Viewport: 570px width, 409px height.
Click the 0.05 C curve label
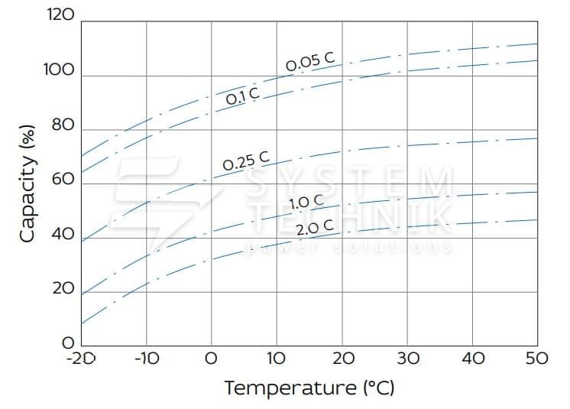tap(311, 64)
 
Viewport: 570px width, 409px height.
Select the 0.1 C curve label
tap(242, 97)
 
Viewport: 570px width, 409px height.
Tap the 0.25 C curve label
tap(246, 161)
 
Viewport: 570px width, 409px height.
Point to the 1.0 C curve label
tap(306, 203)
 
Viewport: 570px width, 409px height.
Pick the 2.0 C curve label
tap(315, 227)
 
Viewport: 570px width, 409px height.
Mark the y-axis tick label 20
tap(63, 289)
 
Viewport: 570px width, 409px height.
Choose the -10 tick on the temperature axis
tap(146, 358)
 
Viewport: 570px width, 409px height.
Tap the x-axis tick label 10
tap(277, 358)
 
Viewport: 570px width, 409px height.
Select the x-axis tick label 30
tap(407, 358)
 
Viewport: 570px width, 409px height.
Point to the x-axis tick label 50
tap(537, 358)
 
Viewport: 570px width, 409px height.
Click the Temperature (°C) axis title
tap(309, 388)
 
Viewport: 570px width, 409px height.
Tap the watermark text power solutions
tap(348, 247)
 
